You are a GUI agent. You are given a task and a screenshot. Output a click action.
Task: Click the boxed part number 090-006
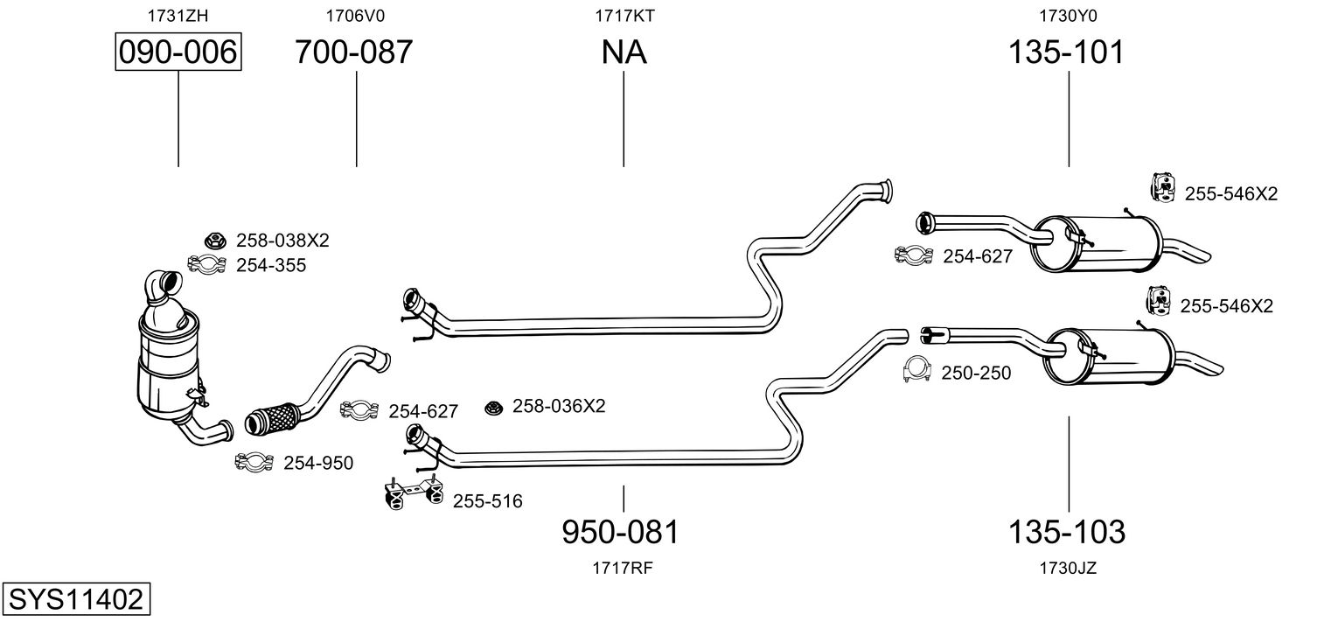pos(178,52)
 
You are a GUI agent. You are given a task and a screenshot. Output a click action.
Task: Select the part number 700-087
pos(353,52)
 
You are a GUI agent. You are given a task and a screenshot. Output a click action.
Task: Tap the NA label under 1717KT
pos(624,52)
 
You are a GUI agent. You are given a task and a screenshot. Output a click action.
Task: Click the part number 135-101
pos(1066,52)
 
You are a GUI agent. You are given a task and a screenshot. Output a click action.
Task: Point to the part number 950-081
pos(620,531)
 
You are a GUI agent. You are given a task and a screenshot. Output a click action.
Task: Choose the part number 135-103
pos(1067,531)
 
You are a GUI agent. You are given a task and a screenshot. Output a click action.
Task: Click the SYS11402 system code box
pos(74,600)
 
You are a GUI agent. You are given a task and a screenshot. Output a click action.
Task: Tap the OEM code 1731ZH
pos(178,15)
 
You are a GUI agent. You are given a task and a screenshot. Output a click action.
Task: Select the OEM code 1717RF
pos(623,568)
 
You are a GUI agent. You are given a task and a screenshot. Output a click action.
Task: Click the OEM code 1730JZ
pos(1068,568)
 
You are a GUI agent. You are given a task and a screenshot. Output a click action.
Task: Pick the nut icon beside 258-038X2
pos(213,240)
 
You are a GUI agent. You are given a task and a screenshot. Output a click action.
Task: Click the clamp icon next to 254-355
pos(207,263)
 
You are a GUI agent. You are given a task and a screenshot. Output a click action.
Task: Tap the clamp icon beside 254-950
pos(254,462)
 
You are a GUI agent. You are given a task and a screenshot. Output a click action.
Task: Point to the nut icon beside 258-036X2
pos(493,407)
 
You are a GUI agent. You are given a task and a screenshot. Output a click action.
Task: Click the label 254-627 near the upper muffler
pos(977,256)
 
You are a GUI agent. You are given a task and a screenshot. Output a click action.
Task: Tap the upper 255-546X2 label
pos(1230,194)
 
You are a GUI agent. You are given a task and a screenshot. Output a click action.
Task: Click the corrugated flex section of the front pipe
pos(273,418)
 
